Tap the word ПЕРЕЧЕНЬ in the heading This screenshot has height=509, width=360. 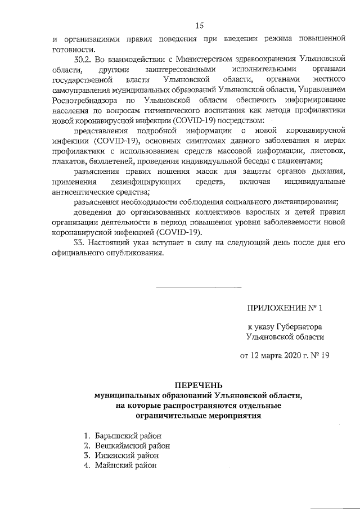pyautogui.click(x=199, y=385)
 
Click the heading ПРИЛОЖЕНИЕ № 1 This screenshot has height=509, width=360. pyautogui.click(x=285, y=308)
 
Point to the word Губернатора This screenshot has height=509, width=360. pyautogui.click(x=299, y=326)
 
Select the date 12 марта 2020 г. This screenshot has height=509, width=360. pyautogui.click(x=280, y=355)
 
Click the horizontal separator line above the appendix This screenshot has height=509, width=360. pyautogui.click(x=199, y=287)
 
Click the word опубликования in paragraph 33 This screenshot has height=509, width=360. pyautogui.click(x=138, y=252)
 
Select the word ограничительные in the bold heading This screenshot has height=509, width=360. pyautogui.click(x=163, y=416)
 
